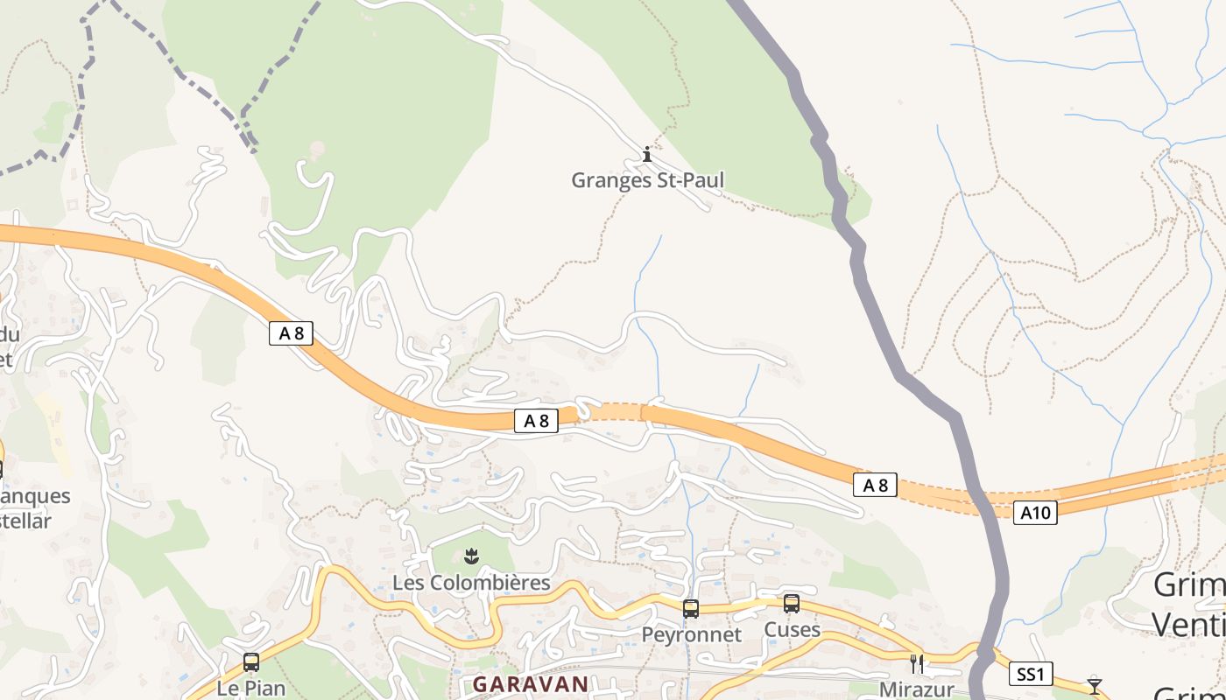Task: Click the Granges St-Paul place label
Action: coord(647,180)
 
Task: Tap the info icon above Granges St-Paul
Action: coord(647,155)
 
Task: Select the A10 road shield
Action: coord(1035,513)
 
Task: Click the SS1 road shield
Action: coord(1031,674)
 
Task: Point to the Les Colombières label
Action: coord(471,583)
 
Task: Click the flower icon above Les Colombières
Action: coord(471,556)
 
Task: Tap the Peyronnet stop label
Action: coord(691,634)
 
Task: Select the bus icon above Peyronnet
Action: coord(691,609)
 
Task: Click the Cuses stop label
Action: coord(792,630)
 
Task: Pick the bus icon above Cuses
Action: coord(792,604)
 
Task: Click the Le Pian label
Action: coord(251,688)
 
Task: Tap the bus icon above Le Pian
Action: coord(251,662)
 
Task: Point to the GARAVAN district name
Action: coord(531,684)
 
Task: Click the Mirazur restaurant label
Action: coord(916,689)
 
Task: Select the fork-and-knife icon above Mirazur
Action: coord(917,663)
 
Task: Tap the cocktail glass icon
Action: coord(1094,685)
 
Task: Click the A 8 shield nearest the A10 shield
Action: coord(876,485)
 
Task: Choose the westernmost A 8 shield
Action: coord(291,332)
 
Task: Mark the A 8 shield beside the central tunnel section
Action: coord(536,421)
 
